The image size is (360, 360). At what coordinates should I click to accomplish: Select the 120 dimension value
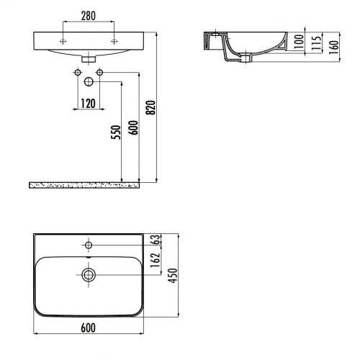click(x=89, y=102)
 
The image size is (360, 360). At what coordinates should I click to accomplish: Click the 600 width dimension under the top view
click(x=89, y=328)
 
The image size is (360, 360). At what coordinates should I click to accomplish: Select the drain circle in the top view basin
click(x=89, y=274)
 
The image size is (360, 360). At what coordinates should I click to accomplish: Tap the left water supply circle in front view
click(x=76, y=72)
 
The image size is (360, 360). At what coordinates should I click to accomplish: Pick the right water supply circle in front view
click(x=101, y=72)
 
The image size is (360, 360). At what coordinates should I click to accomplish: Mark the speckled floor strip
click(x=83, y=185)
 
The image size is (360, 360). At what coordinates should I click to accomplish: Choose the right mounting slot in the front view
click(x=113, y=40)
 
